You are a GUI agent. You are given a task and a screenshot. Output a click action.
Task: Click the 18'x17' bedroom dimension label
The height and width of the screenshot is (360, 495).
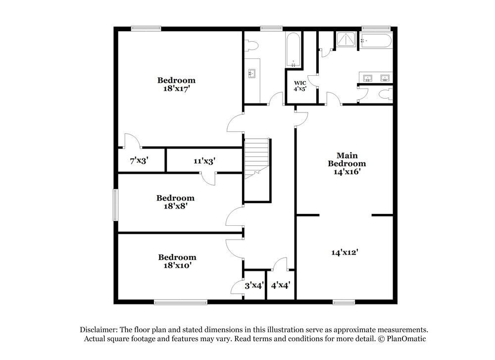click(176, 89)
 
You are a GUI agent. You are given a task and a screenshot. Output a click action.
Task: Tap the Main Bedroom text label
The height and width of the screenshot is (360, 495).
click(347, 159)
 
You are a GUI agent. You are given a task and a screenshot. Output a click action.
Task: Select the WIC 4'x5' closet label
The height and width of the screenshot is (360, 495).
click(300, 86)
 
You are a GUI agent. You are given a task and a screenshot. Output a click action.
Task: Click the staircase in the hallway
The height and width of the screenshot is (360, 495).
click(256, 158)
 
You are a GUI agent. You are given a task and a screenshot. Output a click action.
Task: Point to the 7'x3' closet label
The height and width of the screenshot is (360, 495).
click(139, 160)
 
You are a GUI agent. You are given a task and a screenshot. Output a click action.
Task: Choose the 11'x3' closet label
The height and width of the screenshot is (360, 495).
click(204, 160)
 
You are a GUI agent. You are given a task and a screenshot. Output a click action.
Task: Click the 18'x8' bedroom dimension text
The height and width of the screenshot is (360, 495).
click(175, 206)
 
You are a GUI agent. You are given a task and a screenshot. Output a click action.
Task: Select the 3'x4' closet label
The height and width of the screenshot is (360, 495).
click(254, 285)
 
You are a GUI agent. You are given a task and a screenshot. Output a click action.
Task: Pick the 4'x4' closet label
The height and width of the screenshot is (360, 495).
click(280, 285)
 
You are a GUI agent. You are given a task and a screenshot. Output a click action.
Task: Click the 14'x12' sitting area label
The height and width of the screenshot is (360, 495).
click(345, 252)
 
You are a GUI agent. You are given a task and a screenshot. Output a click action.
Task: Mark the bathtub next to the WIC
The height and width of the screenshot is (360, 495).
click(293, 50)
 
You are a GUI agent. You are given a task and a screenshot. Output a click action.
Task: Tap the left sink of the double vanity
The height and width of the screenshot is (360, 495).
click(367, 78)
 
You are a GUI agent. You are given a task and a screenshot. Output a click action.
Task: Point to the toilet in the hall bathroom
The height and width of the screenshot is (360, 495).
click(252, 46)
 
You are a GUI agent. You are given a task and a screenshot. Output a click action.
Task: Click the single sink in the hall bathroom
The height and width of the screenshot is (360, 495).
click(251, 74)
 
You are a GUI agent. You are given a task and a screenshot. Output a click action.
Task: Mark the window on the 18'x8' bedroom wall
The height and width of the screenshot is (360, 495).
click(115, 205)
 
